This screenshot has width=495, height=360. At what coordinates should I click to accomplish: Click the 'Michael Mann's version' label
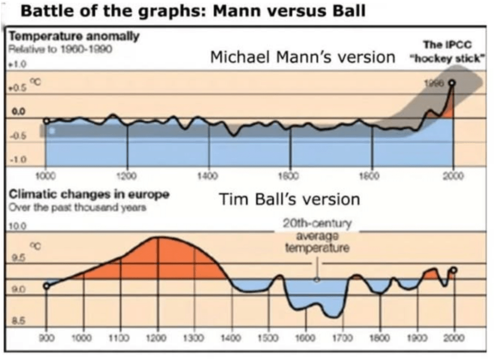(x=303, y=57)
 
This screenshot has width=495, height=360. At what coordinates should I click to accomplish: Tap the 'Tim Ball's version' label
(x=290, y=199)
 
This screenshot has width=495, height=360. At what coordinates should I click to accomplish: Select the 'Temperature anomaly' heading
(x=74, y=36)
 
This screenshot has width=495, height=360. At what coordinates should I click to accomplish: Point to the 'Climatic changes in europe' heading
(x=89, y=195)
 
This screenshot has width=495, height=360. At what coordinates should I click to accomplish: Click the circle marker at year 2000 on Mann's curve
(x=452, y=83)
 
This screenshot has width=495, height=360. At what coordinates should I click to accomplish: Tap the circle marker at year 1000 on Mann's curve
(x=46, y=121)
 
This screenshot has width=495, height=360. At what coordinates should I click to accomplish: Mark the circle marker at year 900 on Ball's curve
(x=46, y=286)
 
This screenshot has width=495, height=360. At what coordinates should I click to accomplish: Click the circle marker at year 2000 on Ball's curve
(x=453, y=270)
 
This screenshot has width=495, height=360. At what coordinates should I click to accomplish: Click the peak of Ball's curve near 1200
(x=159, y=237)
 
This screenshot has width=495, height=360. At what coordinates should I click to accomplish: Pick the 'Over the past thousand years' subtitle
(x=78, y=208)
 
